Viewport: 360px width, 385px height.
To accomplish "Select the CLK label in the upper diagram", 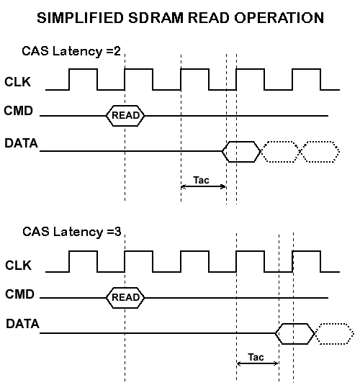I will (x=18, y=82).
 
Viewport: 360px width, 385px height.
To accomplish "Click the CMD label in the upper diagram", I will (x=19, y=113).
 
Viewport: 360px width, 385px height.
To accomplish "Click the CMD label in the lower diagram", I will (x=19, y=294).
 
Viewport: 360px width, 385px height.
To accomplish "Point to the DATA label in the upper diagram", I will (x=22, y=143).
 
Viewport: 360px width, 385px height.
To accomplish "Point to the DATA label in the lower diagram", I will (x=22, y=325).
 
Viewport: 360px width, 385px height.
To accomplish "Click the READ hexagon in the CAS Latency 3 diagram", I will (x=125, y=296).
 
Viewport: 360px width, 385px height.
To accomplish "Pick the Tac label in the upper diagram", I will (x=202, y=179).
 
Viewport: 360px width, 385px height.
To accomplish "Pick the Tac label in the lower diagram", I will (x=256, y=357).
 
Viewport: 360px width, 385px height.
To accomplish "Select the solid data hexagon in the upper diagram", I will (x=240, y=151).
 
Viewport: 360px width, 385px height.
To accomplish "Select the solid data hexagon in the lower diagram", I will (x=295, y=332).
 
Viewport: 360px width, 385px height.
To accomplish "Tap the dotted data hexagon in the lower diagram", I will (x=334, y=332).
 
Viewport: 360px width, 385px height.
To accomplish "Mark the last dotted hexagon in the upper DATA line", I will (x=319, y=151).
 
